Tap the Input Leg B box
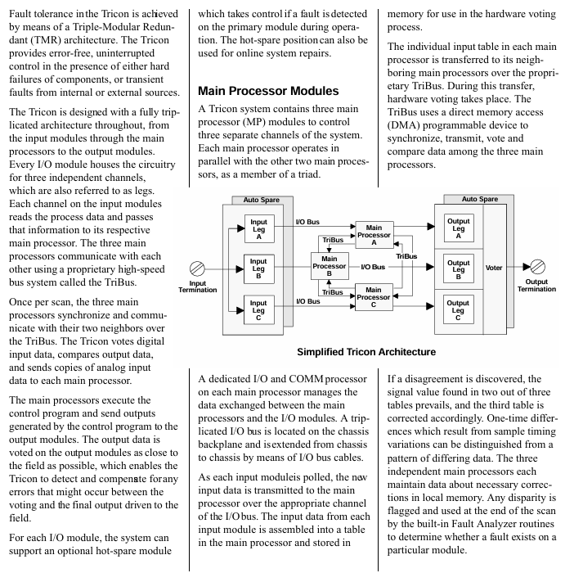(258, 267)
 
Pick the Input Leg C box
(258, 308)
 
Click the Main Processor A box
(374, 235)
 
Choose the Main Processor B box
(329, 267)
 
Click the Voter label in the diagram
(494, 268)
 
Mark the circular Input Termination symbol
(197, 268)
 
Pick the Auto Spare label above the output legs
(479, 199)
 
